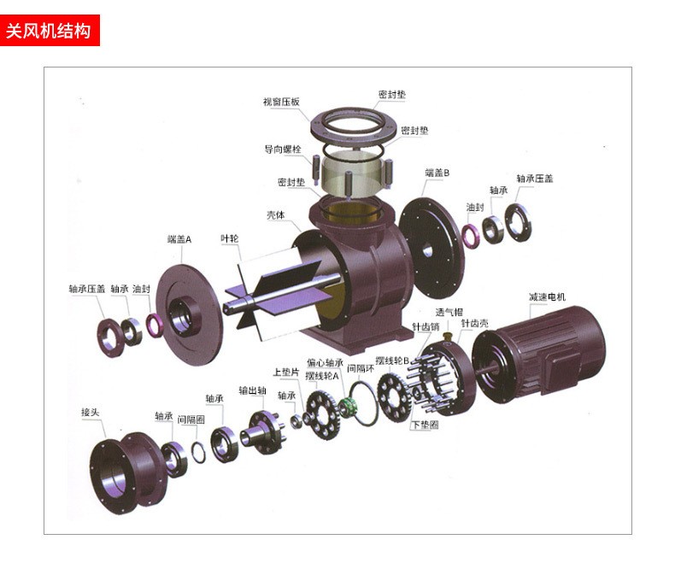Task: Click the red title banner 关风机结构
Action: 50,30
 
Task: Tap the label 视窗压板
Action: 281,102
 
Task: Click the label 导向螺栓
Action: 283,150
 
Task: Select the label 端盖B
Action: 437,173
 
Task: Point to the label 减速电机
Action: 547,297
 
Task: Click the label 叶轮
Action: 230,238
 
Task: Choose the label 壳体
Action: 275,214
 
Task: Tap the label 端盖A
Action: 179,239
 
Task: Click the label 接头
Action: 91,413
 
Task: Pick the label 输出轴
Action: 253,390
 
